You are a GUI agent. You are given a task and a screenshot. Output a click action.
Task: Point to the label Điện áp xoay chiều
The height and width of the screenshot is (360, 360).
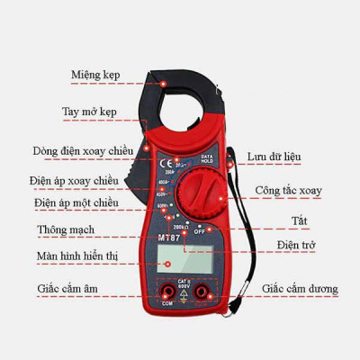[x=89, y=182]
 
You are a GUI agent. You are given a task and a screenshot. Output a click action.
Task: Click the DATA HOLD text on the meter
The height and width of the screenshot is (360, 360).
[x=206, y=158]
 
